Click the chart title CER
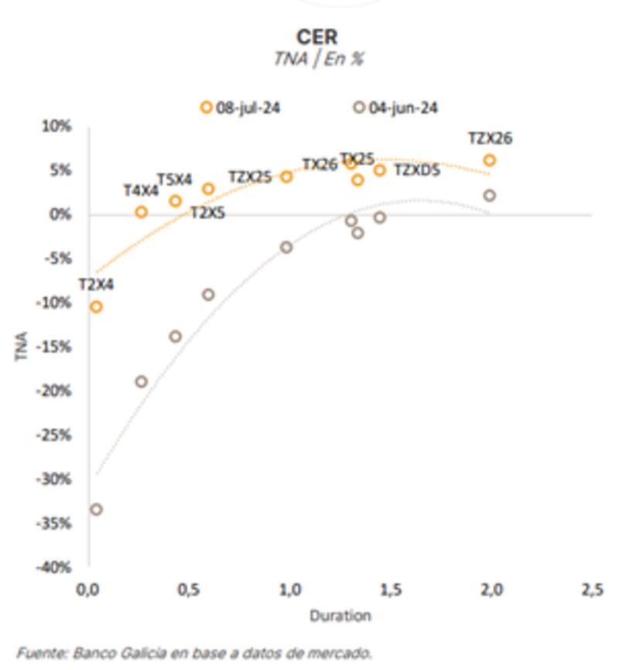click(x=317, y=36)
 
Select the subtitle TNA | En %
click(x=317, y=59)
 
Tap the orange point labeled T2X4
click(x=96, y=306)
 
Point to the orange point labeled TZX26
click(x=489, y=160)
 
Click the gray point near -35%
click(x=96, y=509)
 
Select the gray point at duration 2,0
click(x=489, y=196)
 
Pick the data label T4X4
click(x=140, y=190)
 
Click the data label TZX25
click(x=250, y=177)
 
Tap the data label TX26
click(x=320, y=164)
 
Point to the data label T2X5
click(x=207, y=213)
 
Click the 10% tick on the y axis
click(x=57, y=126)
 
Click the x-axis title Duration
click(x=340, y=617)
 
